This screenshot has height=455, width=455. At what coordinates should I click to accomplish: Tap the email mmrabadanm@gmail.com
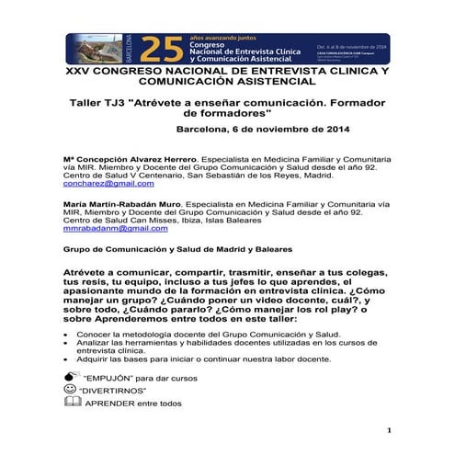click(109, 228)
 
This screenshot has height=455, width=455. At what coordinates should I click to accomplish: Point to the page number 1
click(390, 430)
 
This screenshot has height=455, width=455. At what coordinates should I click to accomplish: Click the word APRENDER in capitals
click(108, 403)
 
